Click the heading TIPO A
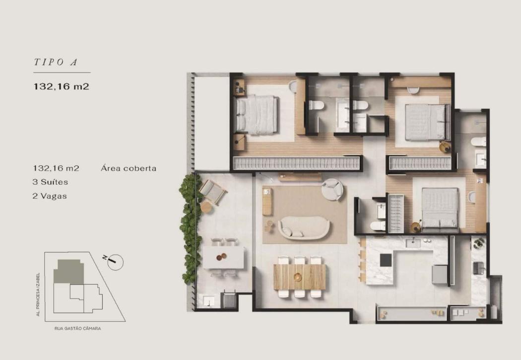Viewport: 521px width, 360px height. (56, 62)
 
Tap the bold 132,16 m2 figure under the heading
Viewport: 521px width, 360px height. (62, 87)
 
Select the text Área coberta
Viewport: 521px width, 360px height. (129, 168)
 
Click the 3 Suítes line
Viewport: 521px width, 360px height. (50, 182)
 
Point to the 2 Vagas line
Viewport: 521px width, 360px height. (50, 196)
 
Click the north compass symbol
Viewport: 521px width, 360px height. (114, 262)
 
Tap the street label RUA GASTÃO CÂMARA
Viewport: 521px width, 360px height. (78, 328)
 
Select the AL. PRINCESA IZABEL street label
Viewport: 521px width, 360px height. (38, 294)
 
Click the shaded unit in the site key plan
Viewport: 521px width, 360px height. (69, 272)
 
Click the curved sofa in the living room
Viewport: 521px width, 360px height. (304, 228)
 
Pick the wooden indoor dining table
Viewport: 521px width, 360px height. (300, 277)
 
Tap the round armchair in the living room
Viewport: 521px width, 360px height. (332, 190)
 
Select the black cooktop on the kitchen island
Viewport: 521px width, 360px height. (386, 260)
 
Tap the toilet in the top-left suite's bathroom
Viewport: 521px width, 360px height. (317, 105)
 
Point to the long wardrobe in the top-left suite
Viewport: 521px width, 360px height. (297, 163)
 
